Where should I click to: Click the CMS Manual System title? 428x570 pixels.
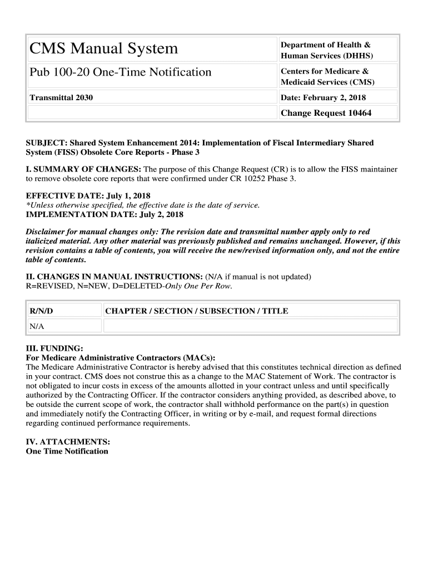[x=104, y=49]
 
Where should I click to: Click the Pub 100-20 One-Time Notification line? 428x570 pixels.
[x=121, y=72]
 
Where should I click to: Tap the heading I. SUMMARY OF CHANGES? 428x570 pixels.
[x=84, y=169]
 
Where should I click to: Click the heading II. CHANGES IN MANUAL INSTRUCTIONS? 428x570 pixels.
[x=115, y=277]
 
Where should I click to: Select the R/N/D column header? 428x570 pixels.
[x=42, y=311]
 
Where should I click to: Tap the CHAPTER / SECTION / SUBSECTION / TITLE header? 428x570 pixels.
[x=197, y=311]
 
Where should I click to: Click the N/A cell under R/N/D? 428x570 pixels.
[x=37, y=326]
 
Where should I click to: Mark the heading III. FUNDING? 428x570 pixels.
[x=54, y=348]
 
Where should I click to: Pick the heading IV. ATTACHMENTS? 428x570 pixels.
[x=68, y=442]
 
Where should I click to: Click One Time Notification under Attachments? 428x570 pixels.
[x=67, y=451]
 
